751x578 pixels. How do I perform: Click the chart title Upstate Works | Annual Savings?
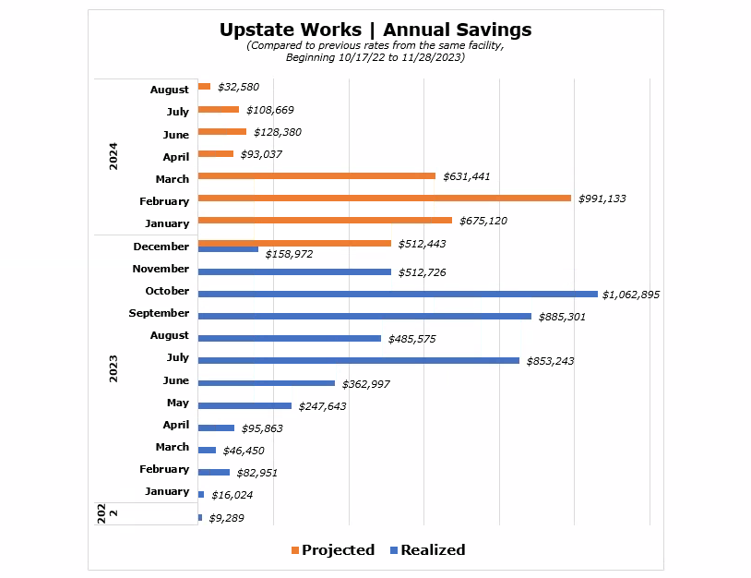[375, 30]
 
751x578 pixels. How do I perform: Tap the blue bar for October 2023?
[398, 294]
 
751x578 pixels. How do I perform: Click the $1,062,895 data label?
[631, 295]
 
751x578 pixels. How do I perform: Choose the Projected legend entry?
[333, 550]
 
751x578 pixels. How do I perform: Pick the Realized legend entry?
[428, 550]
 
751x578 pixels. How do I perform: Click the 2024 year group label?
[113, 155]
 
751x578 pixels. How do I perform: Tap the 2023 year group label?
[113, 368]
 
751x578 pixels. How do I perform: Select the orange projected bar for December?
[294, 244]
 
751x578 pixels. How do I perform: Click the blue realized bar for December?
[228, 249]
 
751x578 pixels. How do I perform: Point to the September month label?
[159, 313]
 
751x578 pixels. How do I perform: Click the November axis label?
[161, 269]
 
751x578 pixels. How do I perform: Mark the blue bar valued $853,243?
[358, 360]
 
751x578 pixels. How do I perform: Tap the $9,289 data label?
[226, 519]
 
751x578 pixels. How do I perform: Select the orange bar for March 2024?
[316, 175]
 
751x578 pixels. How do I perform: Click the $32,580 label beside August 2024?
[238, 87]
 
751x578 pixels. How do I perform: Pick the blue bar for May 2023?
[244, 405]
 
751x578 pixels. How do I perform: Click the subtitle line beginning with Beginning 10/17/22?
[375, 57]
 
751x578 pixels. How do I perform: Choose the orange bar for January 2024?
[325, 220]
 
